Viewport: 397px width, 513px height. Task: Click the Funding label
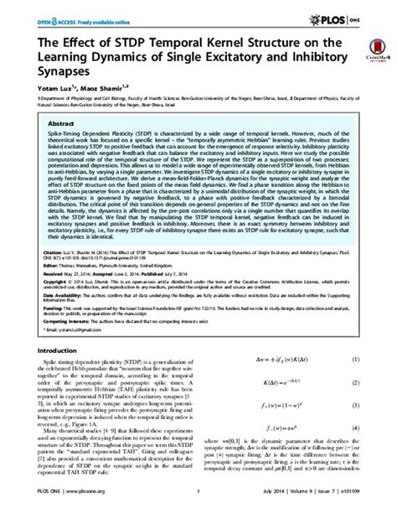pyautogui.click(x=39, y=319)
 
